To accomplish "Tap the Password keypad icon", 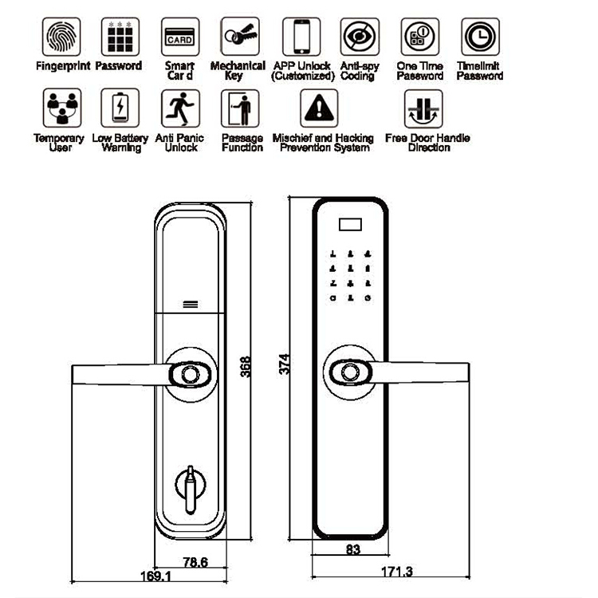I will click(120, 37).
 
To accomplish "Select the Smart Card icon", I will click(179, 37).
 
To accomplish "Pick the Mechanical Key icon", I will click(239, 37).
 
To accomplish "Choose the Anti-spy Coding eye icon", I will click(360, 37).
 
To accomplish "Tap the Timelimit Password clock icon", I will click(480, 37).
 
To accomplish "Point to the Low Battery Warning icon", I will click(120, 108).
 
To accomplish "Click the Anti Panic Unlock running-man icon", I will click(179, 108).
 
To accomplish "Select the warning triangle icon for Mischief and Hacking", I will click(322, 108).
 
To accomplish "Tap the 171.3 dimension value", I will click(391, 572).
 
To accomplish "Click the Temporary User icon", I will click(60, 108).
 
